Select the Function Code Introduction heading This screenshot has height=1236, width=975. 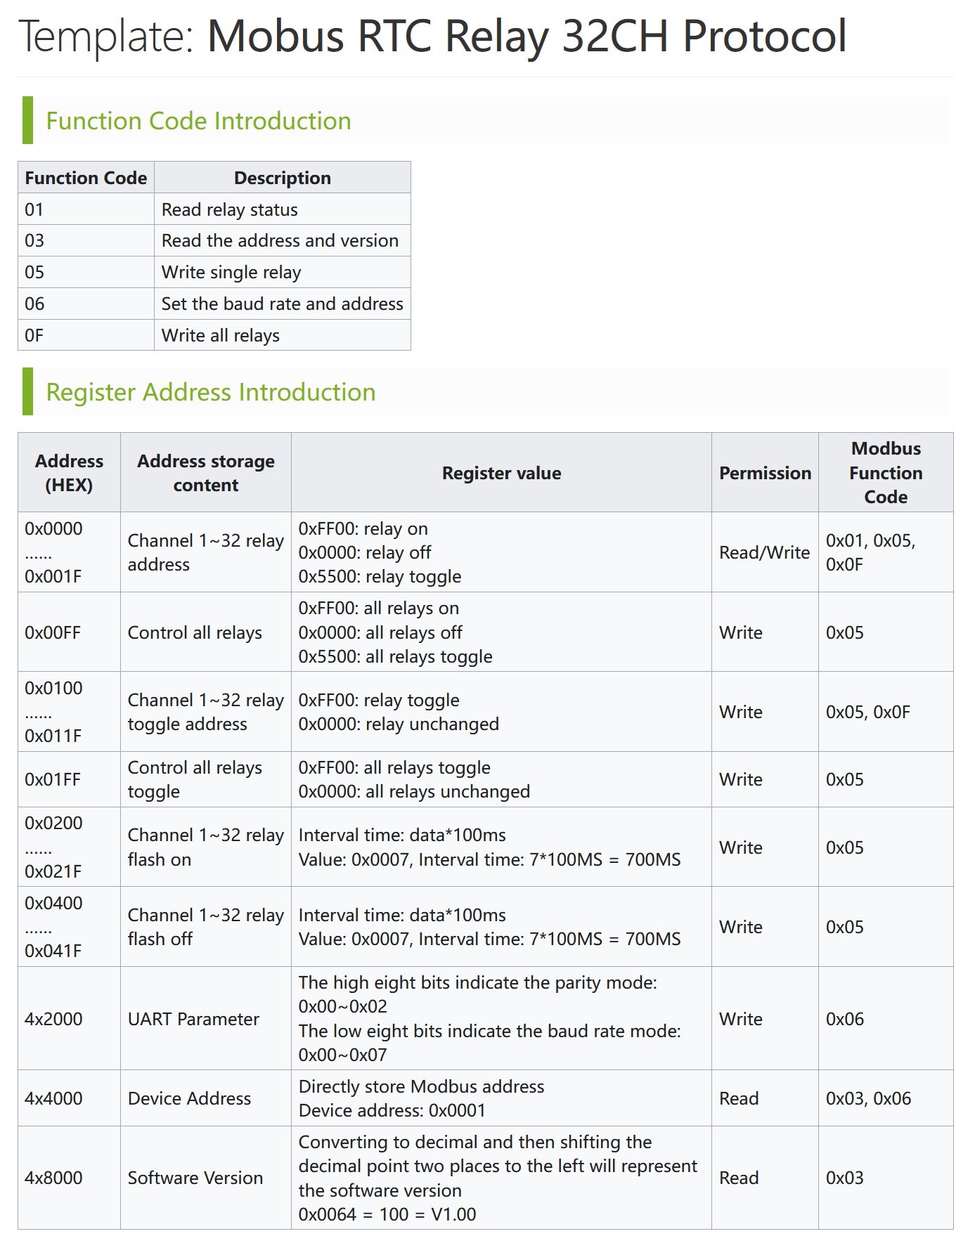tap(198, 121)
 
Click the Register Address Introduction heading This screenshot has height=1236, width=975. tap(210, 392)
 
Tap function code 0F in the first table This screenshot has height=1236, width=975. tap(34, 335)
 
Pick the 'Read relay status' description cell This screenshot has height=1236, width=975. tap(229, 209)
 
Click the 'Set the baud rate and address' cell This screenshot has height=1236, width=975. tap(282, 304)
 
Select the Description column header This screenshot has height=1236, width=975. tap(282, 178)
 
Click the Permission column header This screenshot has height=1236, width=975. tap(765, 473)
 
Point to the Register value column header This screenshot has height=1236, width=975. tap(501, 473)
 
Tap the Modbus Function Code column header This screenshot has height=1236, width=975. tap(886, 473)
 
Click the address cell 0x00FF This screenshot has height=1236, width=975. tap(53, 632)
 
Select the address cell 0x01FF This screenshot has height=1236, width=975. tap(53, 779)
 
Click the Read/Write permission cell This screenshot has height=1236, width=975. tap(764, 552)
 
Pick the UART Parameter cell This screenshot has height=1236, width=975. tap(193, 1019)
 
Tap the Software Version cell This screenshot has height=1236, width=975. tap(195, 1178)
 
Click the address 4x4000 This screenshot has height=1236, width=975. tap(53, 1098)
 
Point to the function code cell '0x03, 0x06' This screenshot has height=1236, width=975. tap(868, 1098)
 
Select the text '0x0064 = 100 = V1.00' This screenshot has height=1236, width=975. tap(387, 1214)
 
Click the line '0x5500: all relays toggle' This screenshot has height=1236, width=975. tap(395, 656)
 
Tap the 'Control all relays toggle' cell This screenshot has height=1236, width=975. tap(195, 779)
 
